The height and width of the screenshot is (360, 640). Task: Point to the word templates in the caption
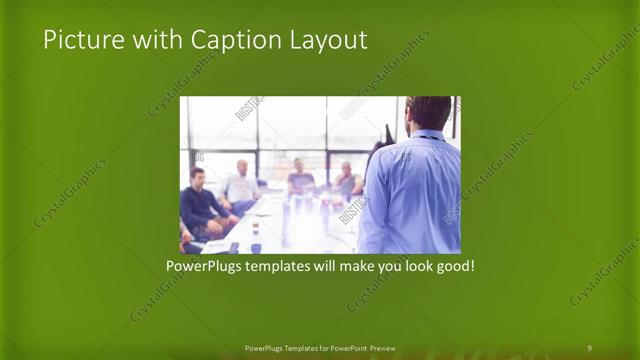(x=292, y=268)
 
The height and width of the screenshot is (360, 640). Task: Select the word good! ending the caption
(x=452, y=268)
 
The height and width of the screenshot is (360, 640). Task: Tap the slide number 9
(x=589, y=347)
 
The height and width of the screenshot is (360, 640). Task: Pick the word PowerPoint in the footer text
(x=343, y=347)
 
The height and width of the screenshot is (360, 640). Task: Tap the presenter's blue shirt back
(x=412, y=195)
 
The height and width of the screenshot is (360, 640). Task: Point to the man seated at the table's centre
(x=301, y=180)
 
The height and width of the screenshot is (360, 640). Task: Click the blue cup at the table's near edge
(x=256, y=247)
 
